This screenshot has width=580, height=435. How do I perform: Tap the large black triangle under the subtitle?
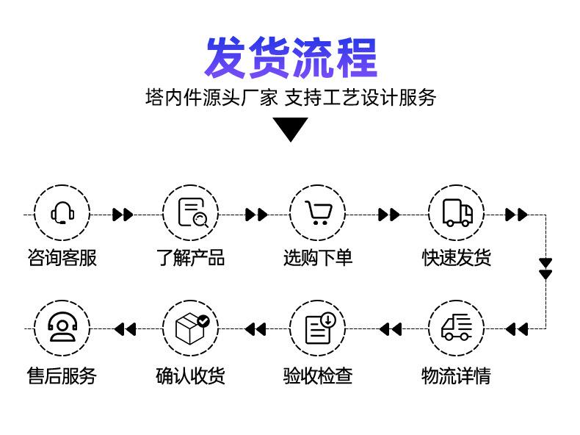coord(290,129)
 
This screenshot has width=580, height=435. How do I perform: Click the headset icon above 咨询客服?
coord(62,213)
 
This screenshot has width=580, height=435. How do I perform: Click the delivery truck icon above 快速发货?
coord(457,213)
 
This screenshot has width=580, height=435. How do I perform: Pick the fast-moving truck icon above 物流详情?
coord(457,328)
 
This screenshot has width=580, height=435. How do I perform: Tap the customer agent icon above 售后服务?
coord(62,328)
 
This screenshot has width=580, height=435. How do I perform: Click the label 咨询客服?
coord(62,258)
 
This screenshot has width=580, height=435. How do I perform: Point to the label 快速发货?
coord(457,258)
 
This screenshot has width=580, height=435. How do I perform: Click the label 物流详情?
coord(457,376)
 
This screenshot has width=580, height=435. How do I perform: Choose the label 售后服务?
coord(62,376)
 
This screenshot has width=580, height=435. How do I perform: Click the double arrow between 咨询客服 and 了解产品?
coord(123,215)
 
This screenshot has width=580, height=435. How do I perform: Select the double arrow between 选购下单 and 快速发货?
coord(389,215)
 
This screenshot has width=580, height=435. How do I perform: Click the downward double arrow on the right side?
coord(545,269)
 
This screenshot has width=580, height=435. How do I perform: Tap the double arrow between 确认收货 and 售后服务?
coord(126,329)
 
